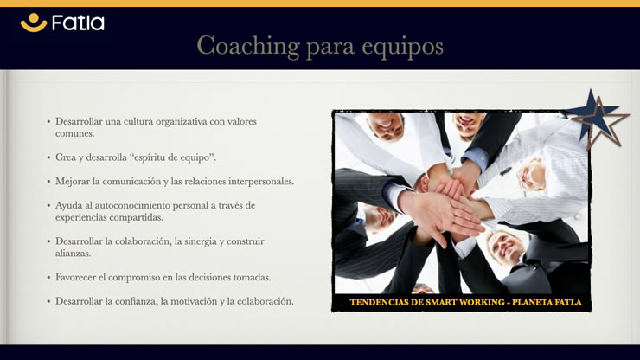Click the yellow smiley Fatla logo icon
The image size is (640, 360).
coord(34,22)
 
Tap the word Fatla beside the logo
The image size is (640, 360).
coord(78,22)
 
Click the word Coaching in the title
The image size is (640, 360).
coord(248,46)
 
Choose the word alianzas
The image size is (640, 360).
coord(73,254)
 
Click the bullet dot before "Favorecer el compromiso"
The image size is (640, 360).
coord(48,278)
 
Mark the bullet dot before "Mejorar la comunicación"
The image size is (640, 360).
coord(48,182)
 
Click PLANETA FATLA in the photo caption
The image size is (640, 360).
coord(547,302)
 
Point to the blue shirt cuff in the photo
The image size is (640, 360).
coord(475,157)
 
